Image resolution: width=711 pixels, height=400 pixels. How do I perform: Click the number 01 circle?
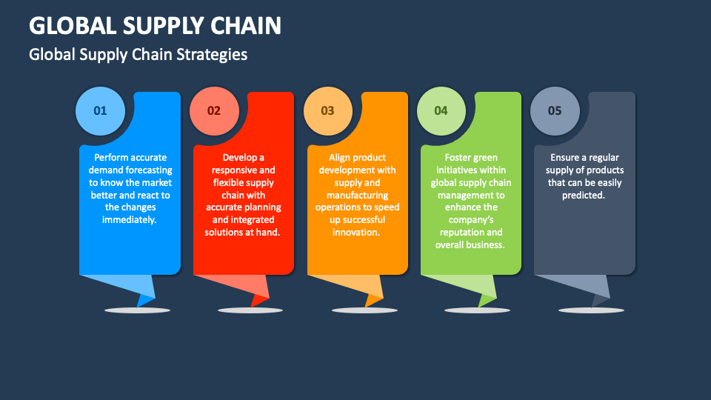[x=100, y=111]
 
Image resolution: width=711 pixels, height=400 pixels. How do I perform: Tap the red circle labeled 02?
[x=214, y=111]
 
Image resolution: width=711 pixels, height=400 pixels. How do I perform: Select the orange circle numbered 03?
[x=327, y=111]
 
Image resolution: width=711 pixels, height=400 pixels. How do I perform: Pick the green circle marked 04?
[x=441, y=111]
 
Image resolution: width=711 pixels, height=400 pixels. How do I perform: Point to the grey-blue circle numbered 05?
[x=555, y=111]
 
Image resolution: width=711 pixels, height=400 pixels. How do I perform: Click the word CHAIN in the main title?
[x=242, y=25]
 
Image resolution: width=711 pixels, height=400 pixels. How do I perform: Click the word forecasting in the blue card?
[x=145, y=170]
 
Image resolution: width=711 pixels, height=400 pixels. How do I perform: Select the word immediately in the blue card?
[x=130, y=219]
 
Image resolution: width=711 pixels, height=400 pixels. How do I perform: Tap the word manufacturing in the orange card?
[x=357, y=195]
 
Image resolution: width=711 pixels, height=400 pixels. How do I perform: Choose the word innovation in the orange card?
[x=357, y=232]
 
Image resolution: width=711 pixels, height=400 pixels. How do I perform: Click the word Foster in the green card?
[x=461, y=157]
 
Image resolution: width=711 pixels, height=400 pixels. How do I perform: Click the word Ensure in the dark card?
[x=564, y=157]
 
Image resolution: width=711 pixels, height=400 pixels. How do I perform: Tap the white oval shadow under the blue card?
[x=137, y=310]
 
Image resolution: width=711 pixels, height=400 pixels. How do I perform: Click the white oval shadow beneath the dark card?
[x=591, y=310]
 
